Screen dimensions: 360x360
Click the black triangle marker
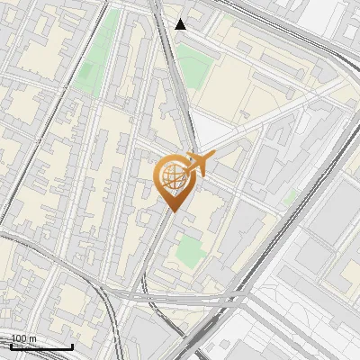pyautogui.click(x=181, y=23)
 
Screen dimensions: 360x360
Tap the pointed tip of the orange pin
pyautogui.click(x=172, y=211)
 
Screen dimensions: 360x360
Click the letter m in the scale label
pyautogui.click(x=32, y=338)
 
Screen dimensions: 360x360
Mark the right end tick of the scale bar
pyautogui.click(x=72, y=345)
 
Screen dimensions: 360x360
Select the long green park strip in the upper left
pyautogui.click(x=98, y=54)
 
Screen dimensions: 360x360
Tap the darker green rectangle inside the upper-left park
pyautogui.click(x=109, y=22)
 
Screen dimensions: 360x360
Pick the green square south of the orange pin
pyautogui.click(x=189, y=251)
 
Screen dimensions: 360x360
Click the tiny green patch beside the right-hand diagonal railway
pyautogui.click(x=290, y=196)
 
